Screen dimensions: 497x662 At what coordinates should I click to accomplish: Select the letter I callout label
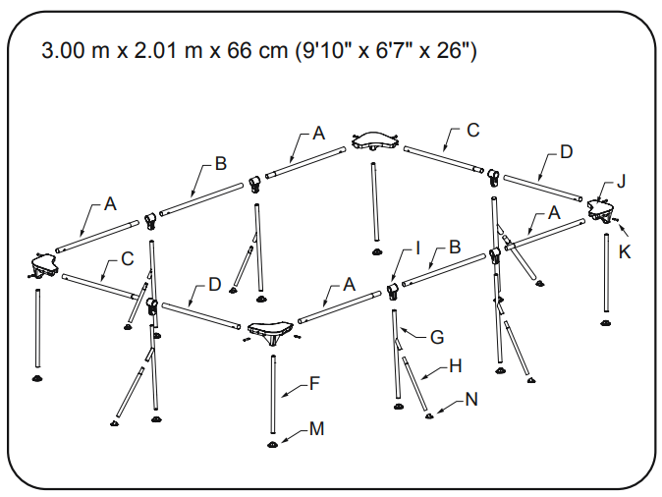417,250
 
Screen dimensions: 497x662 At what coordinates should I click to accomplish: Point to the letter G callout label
437,337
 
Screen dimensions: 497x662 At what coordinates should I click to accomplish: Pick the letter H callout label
454,367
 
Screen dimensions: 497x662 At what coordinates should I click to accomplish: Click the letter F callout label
313,384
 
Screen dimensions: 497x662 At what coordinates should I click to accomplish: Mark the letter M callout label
315,429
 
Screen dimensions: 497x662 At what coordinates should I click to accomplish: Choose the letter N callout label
471,399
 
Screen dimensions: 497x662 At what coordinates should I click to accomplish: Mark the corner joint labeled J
599,208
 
